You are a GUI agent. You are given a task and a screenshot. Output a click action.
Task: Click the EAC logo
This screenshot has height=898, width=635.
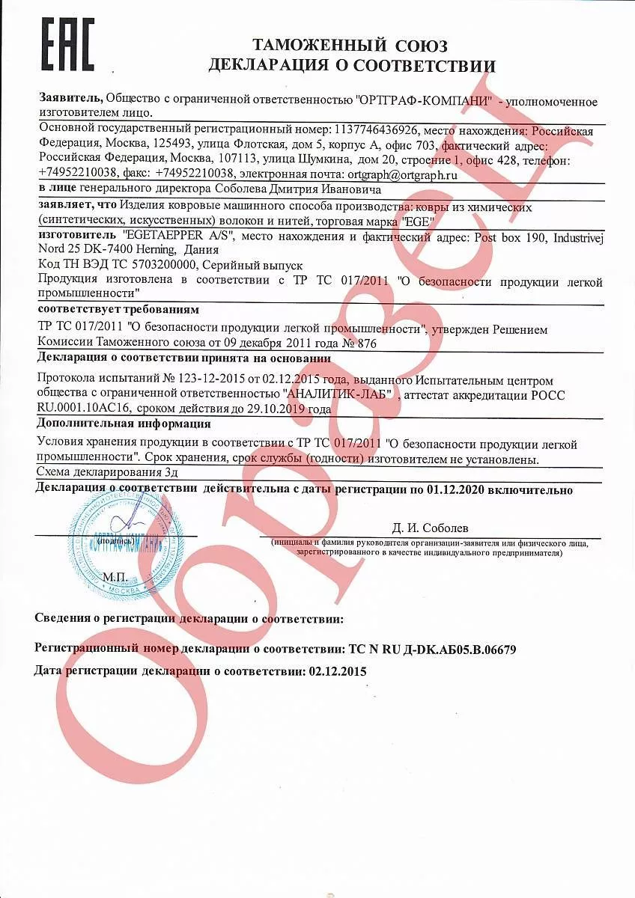[x=67, y=46]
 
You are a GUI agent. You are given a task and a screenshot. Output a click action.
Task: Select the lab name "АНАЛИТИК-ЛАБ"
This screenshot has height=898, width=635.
[x=337, y=395]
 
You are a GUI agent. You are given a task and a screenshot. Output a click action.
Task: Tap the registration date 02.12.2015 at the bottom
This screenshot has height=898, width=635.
[x=338, y=671]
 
